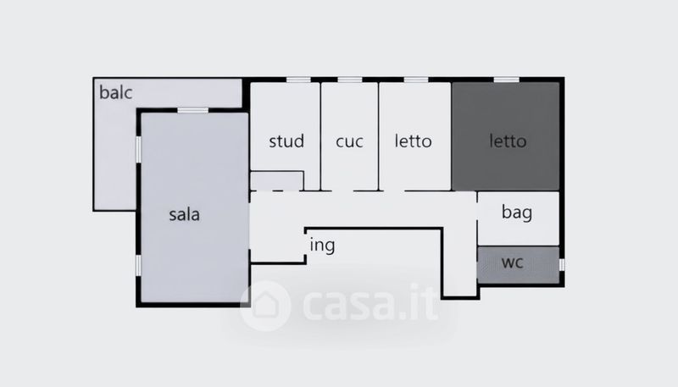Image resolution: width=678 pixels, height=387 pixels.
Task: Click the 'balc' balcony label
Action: [117, 92]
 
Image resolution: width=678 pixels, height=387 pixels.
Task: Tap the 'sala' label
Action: [184, 214]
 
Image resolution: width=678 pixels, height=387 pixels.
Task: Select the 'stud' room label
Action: [286, 141]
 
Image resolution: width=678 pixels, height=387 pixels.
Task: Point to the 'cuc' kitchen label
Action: [349, 141]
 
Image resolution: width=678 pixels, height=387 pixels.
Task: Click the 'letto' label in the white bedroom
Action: [414, 141]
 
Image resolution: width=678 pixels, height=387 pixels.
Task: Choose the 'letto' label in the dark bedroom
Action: [508, 141]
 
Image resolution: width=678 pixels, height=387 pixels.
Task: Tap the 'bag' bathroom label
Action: [517, 213]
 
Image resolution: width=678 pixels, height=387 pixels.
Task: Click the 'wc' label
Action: [513, 262]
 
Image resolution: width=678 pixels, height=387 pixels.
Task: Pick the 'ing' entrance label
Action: [322, 246]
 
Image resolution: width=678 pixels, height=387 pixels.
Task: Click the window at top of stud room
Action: [298, 80]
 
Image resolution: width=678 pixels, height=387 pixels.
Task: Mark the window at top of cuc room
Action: [350, 80]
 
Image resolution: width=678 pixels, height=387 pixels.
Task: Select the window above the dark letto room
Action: [506, 80]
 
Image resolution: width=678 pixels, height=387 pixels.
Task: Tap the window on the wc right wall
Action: [560, 265]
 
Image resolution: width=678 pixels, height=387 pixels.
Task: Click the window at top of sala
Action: [192, 110]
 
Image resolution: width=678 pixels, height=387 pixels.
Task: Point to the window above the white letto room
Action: [415, 80]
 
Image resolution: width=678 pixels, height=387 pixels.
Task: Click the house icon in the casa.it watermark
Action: [265, 305]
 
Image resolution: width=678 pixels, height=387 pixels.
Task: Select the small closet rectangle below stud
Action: [277, 180]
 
